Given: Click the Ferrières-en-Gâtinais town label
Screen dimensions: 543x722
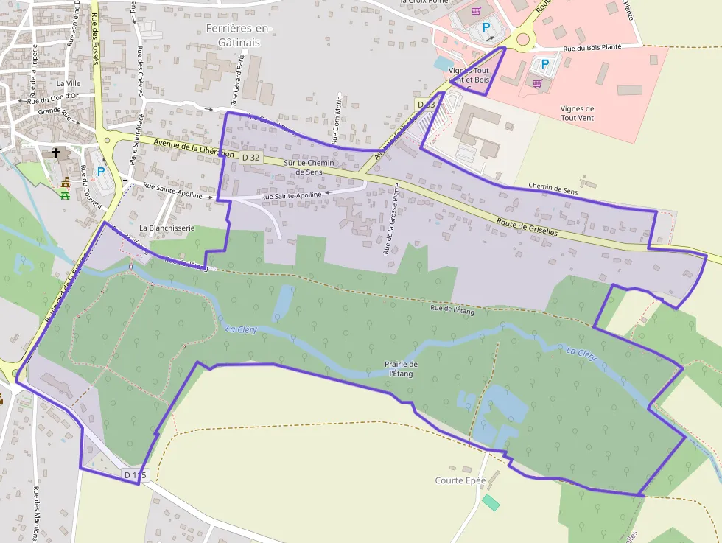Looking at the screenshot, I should [x=239, y=35].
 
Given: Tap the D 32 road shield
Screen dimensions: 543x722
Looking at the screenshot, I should [x=250, y=157].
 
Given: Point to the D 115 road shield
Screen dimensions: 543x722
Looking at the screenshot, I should [x=136, y=475].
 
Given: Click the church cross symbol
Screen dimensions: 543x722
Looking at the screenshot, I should [x=56, y=153].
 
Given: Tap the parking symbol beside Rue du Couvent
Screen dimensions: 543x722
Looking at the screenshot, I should [x=101, y=171].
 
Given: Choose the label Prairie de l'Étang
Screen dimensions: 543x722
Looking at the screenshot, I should [x=401, y=368].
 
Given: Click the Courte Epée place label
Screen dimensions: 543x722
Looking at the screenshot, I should [x=460, y=480].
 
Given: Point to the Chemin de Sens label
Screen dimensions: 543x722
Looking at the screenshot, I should [x=553, y=190].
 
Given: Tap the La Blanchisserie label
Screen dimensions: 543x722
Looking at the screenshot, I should [x=167, y=228].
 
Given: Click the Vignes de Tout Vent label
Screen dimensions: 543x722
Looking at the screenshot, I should [x=578, y=113].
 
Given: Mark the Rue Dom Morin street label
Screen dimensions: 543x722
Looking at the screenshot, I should [x=339, y=118].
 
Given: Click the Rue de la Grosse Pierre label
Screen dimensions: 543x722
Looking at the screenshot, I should [x=390, y=220].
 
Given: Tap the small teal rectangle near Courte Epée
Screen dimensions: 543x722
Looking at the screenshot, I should [x=491, y=502].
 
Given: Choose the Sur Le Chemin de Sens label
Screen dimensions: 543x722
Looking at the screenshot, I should [x=309, y=167].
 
